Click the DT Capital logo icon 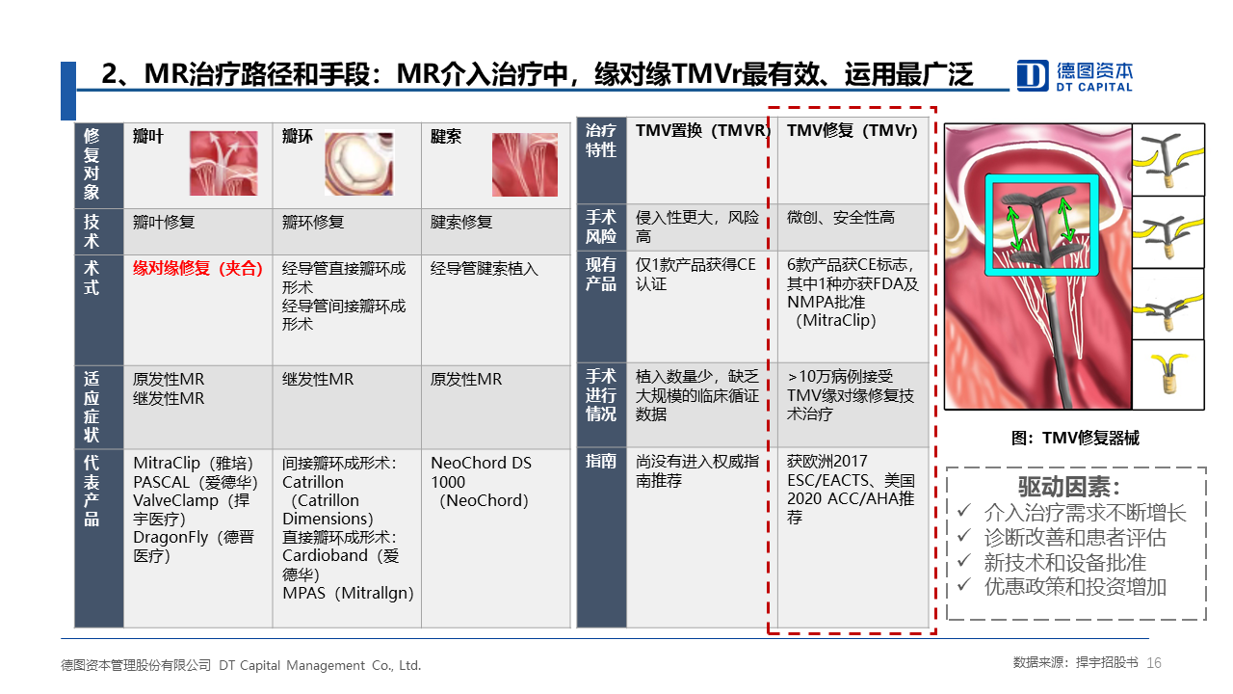click(x=1032, y=75)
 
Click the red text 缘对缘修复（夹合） click(x=198, y=269)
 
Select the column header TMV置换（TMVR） click(x=703, y=130)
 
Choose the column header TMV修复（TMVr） click(x=853, y=130)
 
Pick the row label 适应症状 click(x=92, y=407)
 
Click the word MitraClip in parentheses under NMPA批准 click(x=837, y=321)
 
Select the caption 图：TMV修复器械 click(x=1075, y=438)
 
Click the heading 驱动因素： click(x=1068, y=487)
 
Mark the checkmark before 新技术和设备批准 click(x=963, y=561)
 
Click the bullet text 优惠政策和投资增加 click(x=1075, y=587)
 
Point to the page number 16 click(x=1154, y=663)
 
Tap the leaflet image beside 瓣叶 click(x=223, y=163)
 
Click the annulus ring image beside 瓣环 click(x=359, y=163)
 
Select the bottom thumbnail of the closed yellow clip click(x=1168, y=375)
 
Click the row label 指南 click(x=600, y=461)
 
